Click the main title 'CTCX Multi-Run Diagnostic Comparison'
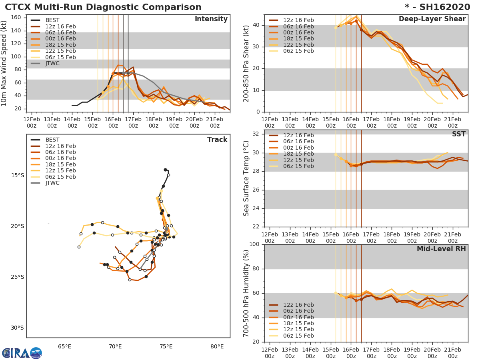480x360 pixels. coord(103,7)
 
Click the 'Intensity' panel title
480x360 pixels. coord(211,19)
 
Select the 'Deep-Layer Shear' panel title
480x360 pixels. coord(432,19)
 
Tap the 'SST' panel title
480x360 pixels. coord(458,134)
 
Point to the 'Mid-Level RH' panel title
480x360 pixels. coord(441,249)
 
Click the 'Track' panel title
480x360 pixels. coord(217,140)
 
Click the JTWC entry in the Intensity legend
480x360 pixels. coord(52,63)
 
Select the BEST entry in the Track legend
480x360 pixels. coord(52,140)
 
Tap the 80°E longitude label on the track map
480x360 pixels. coord(217,346)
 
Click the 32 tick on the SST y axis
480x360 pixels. coord(256,134)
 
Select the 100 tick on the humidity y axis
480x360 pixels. coord(254,244)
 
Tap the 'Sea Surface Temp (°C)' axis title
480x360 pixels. coord(246,178)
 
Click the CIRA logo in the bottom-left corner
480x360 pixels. coord(22,353)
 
